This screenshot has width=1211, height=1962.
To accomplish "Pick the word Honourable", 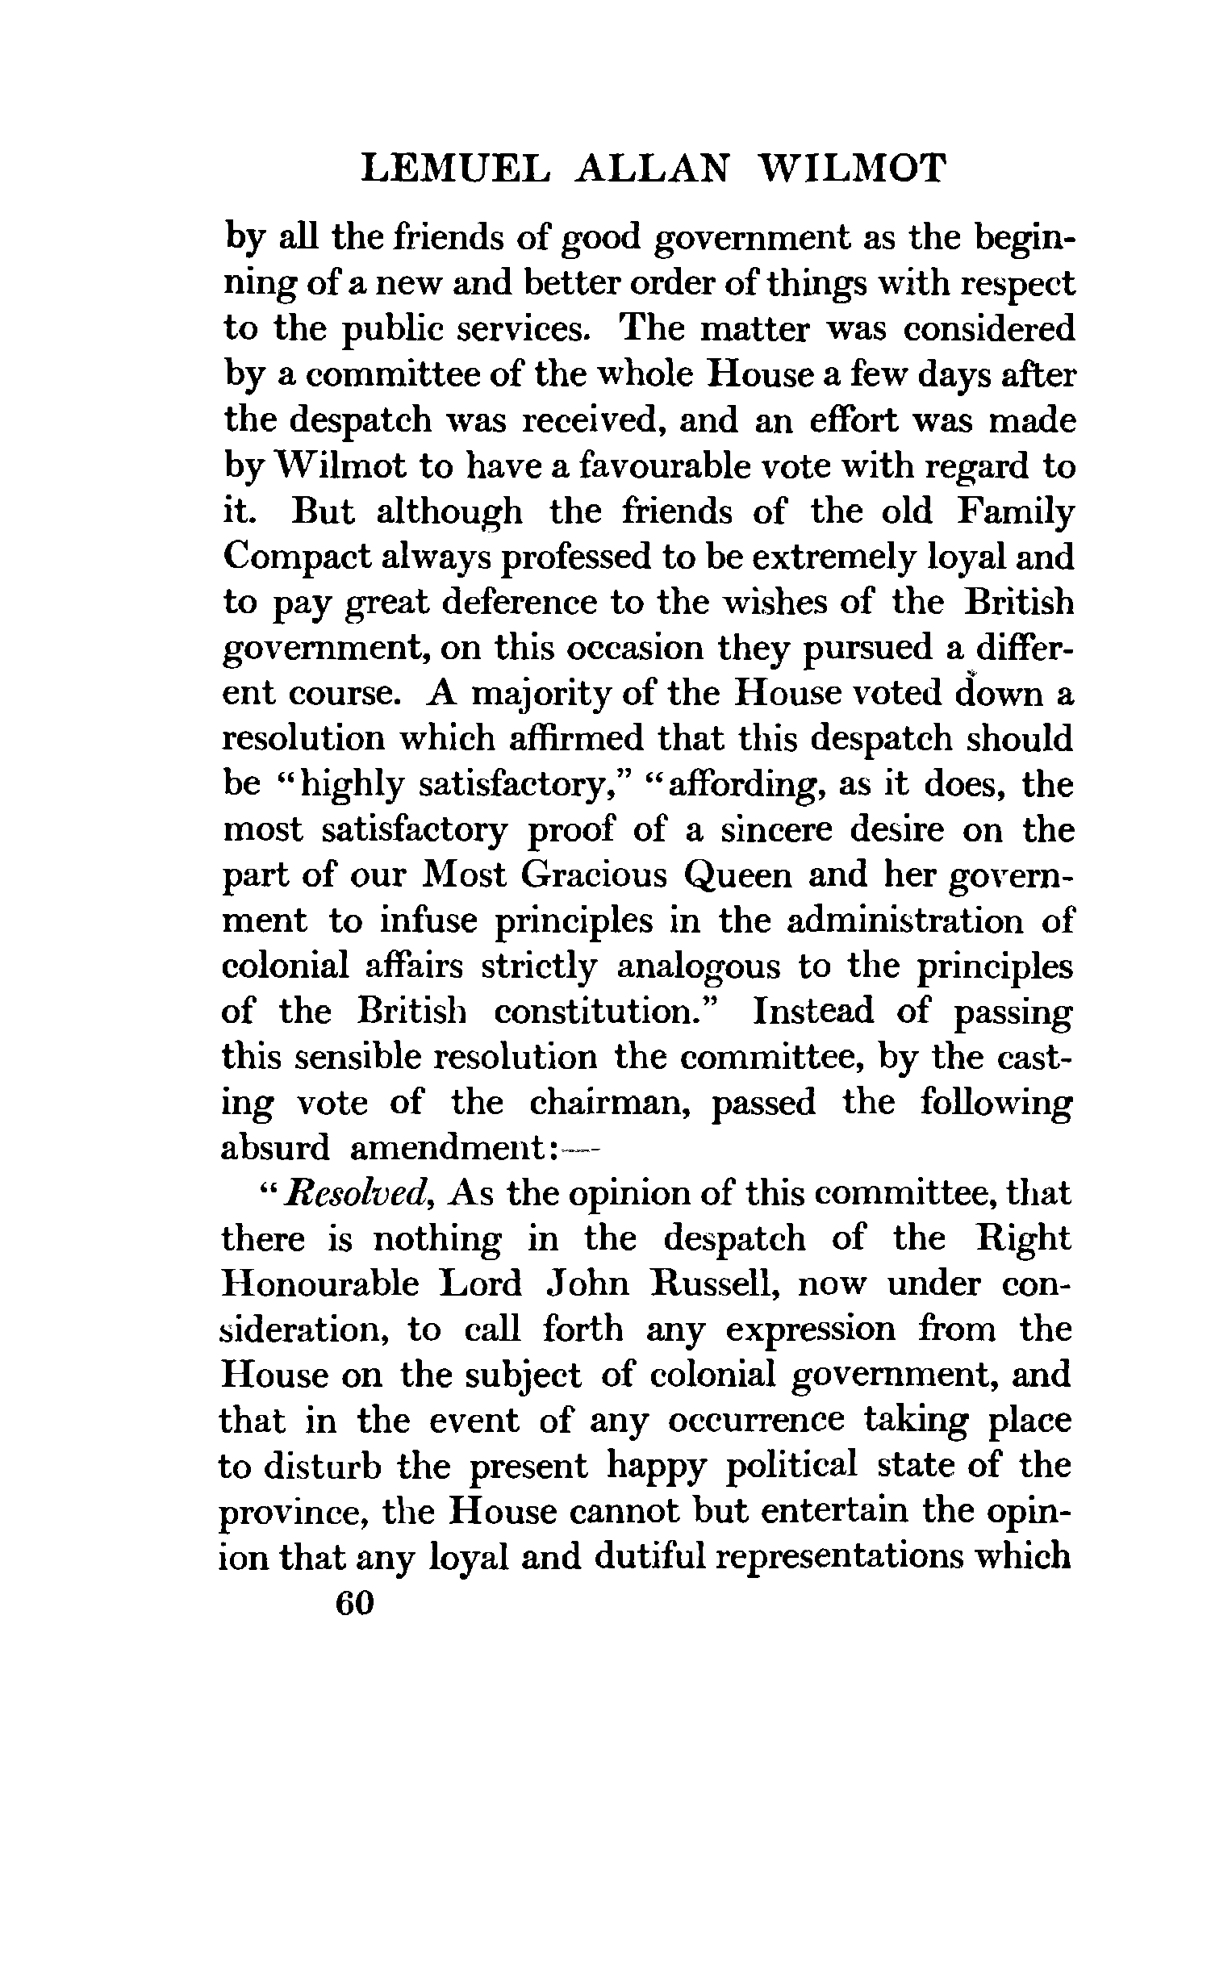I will (x=320, y=1284).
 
